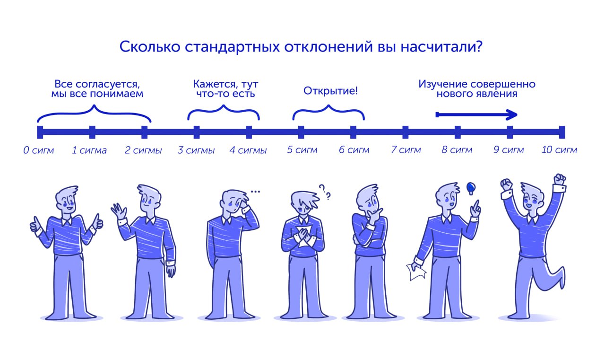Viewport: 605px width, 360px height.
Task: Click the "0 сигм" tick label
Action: [x=39, y=150]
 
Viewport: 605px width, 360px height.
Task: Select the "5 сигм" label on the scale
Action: [x=302, y=150]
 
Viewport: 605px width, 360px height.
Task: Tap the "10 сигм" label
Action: [x=559, y=150]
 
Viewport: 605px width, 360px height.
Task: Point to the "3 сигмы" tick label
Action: [x=196, y=150]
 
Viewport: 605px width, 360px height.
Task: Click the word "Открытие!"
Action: [x=330, y=91]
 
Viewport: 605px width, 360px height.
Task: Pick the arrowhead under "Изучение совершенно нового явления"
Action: [x=512, y=114]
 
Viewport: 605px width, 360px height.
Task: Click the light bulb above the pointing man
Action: [x=470, y=189]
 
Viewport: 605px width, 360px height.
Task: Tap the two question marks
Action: [x=325, y=192]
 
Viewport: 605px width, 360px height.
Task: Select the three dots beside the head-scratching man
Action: [x=255, y=192]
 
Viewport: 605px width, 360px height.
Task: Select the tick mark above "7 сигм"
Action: [x=406, y=132]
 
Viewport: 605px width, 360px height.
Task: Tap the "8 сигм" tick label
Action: [x=457, y=150]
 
